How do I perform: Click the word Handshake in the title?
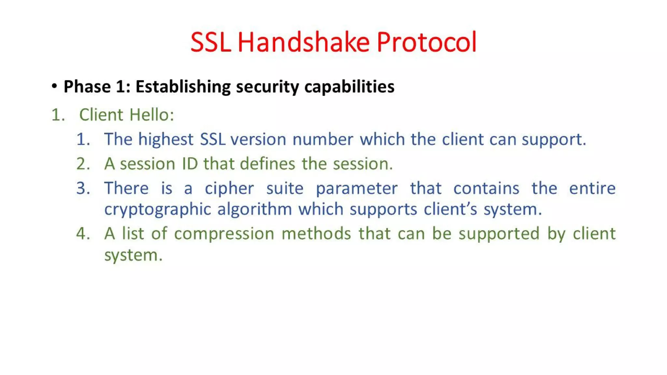[304, 42]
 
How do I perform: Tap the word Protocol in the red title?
[427, 42]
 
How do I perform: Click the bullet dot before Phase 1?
[54, 86]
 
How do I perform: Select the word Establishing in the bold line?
[183, 87]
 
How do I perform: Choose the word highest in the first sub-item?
[166, 140]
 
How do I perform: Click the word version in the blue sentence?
[259, 139]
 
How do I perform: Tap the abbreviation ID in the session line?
[190, 164]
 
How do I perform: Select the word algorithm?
[255, 209]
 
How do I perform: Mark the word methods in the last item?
[316, 234]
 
